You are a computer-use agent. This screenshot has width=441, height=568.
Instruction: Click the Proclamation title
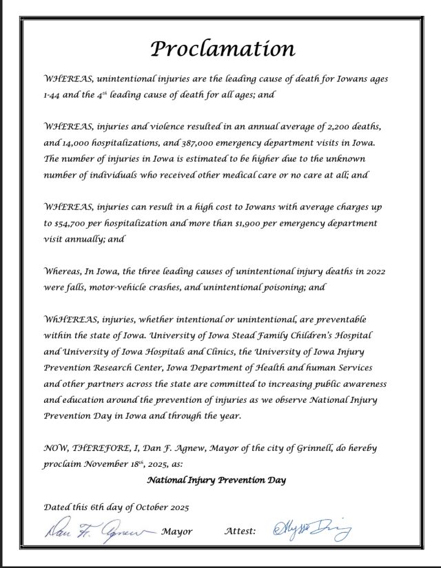click(x=223, y=49)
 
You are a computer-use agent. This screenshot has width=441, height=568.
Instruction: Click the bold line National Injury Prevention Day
click(x=216, y=479)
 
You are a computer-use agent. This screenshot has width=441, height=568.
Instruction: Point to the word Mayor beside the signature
click(x=177, y=531)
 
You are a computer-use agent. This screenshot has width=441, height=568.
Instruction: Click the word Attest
click(x=240, y=531)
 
